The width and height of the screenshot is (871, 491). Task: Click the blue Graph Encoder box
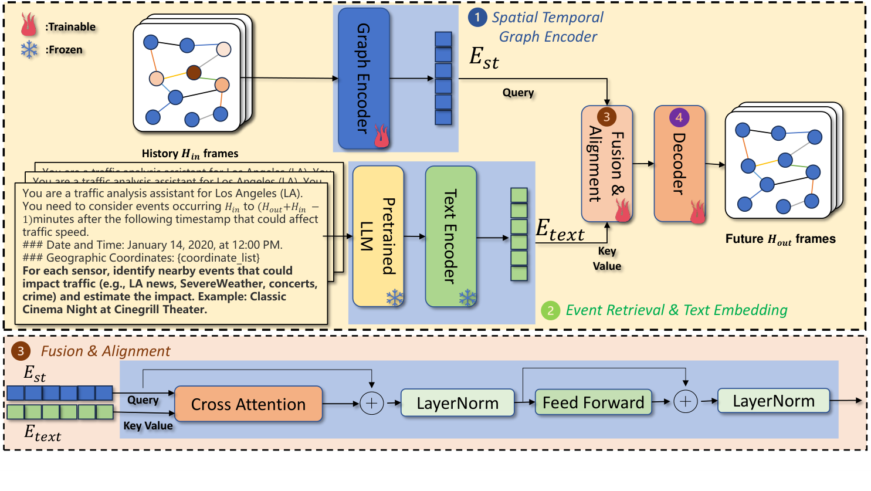pyautogui.click(x=364, y=78)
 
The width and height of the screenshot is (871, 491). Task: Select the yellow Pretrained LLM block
pyautogui.click(x=378, y=236)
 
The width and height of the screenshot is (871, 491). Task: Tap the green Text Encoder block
pyautogui.click(x=450, y=236)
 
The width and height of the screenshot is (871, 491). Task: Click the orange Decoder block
pyautogui.click(x=679, y=163)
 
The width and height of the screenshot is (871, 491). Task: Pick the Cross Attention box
pyautogui.click(x=248, y=404)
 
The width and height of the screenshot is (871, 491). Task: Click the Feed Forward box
pyautogui.click(x=593, y=402)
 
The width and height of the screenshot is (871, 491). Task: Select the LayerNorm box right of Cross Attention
pyautogui.click(x=457, y=403)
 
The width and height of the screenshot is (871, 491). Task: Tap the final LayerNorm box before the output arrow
pyautogui.click(x=773, y=401)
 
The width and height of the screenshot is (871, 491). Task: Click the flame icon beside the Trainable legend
pyautogui.click(x=29, y=25)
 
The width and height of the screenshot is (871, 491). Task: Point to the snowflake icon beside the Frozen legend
pyautogui.click(x=29, y=50)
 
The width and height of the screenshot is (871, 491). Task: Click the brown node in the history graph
pyautogui.click(x=194, y=73)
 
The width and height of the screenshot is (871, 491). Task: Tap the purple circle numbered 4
pyautogui.click(x=679, y=117)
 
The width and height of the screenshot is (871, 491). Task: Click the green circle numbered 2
pyautogui.click(x=550, y=310)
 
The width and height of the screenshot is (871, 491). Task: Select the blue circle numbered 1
pyautogui.click(x=477, y=18)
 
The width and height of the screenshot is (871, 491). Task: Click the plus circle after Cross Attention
pyautogui.click(x=371, y=403)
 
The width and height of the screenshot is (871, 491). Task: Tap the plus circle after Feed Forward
pyautogui.click(x=685, y=402)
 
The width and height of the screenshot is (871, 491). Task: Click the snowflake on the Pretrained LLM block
pyautogui.click(x=395, y=297)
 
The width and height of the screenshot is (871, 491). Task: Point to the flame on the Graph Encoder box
pyautogui.click(x=381, y=136)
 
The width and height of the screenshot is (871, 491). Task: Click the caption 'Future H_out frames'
pyautogui.click(x=780, y=239)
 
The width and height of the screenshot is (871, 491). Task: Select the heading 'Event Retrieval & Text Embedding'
pyautogui.click(x=676, y=310)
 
